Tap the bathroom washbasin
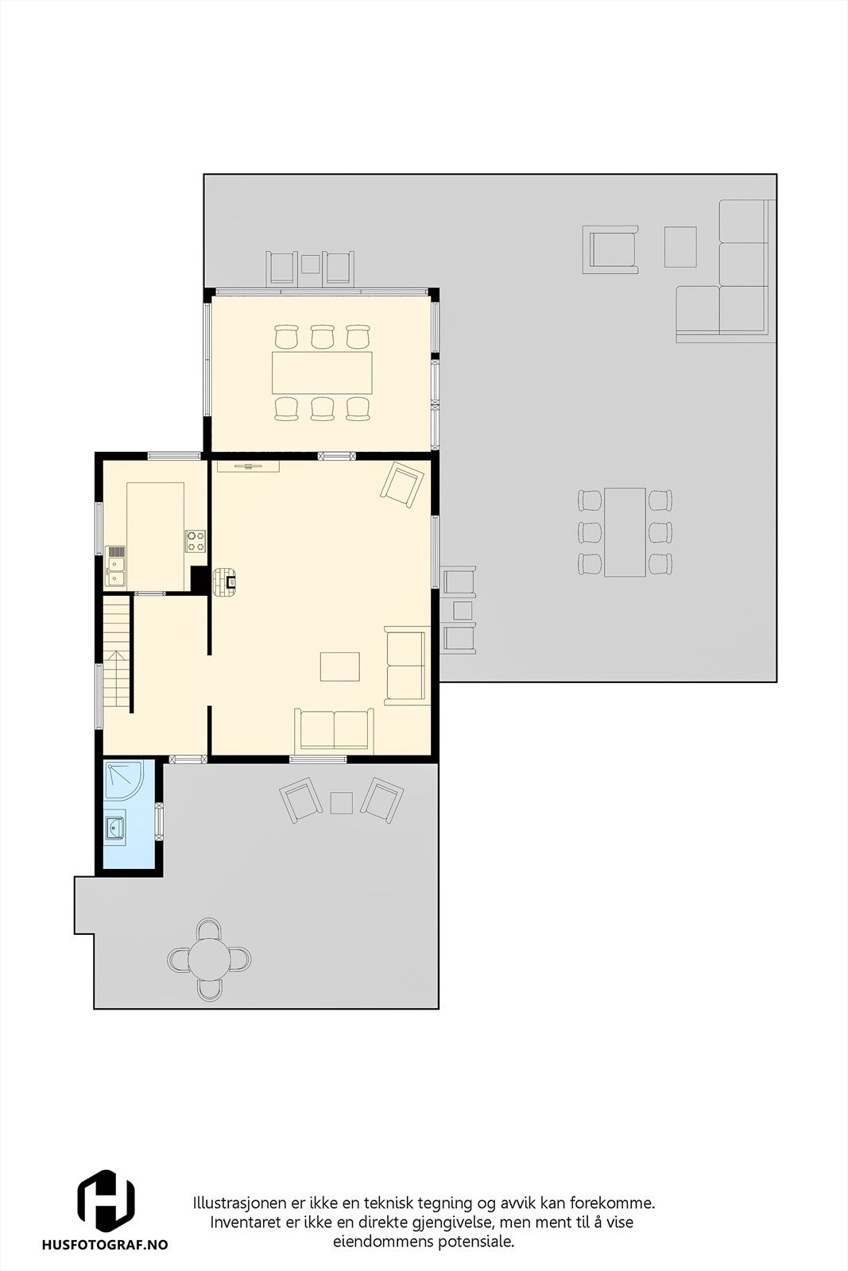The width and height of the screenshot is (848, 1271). coord(114,829)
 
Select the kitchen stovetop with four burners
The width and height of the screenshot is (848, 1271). coord(196,541)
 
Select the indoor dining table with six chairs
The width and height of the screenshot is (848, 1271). coord(322,372)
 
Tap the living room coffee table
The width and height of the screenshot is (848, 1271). coord(340,666)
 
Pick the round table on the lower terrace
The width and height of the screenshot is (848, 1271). coord(210,959)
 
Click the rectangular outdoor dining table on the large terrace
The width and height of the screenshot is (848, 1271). coord(625,531)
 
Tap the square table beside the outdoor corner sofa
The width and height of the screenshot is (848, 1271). coord(680,247)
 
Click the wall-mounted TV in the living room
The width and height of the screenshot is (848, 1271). coord(248,466)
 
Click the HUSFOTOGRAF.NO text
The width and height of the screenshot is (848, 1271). coord(105,1246)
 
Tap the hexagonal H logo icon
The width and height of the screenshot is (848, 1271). coord(105,1201)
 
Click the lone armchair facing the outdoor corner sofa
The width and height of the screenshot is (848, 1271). coord(610,249)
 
